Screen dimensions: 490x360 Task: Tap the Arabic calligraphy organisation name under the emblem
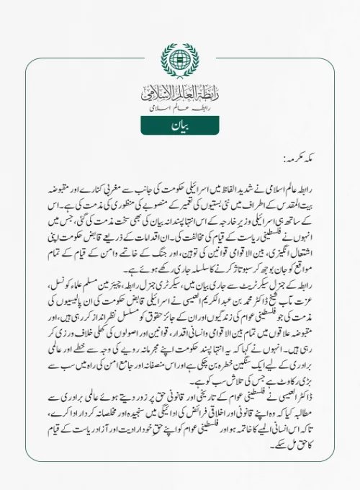point(179,94)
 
